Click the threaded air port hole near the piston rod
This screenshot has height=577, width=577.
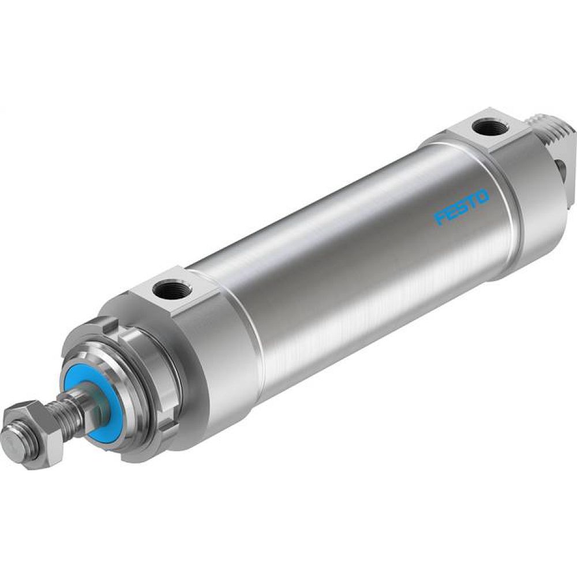170,287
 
